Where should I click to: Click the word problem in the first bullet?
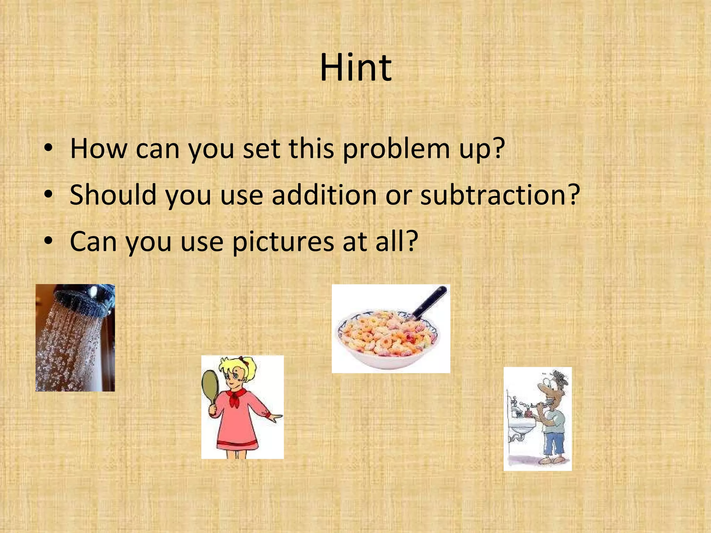[396, 149]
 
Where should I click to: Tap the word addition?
[325, 195]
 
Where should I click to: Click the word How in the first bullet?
[99, 149]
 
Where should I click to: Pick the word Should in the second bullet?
[113, 195]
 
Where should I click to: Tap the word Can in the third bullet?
[93, 242]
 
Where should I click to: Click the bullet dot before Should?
[48, 194]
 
